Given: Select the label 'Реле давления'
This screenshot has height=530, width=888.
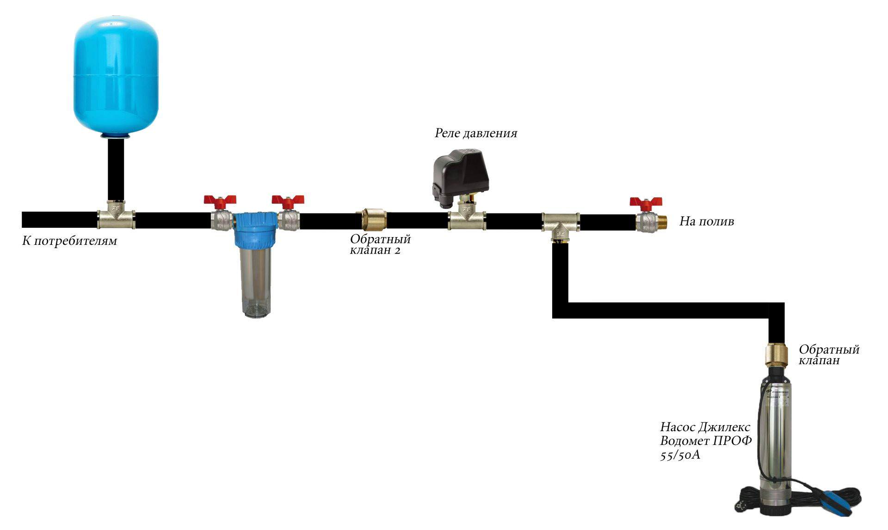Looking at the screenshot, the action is pos(476,134).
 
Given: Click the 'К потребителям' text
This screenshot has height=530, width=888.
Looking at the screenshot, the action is pos(69,241).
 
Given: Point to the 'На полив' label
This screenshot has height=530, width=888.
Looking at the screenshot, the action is pos(706,221).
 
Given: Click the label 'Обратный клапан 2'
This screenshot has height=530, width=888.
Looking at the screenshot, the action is pos(380,245).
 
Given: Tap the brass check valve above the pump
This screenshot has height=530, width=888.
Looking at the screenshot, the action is pos(777,355).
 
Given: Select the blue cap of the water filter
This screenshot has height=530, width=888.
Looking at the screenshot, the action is pos(255,230).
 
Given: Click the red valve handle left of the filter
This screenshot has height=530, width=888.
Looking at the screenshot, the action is pos(220,201).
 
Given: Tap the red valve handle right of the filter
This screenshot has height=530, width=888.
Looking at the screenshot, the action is pos(288,201).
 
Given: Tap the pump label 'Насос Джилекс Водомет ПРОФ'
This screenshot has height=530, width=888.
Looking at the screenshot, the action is pos(706,434).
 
